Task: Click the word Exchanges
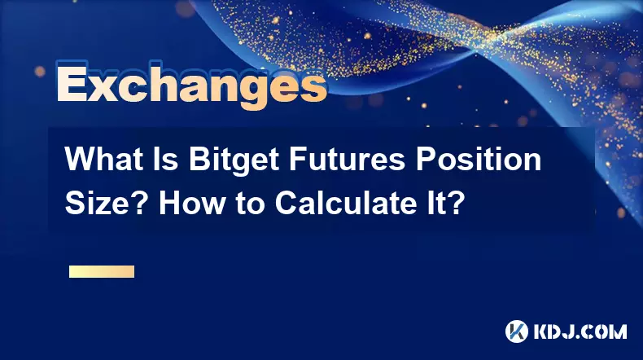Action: tap(192, 86)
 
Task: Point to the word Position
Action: tap(479, 160)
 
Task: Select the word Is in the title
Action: tap(167, 160)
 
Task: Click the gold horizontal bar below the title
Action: tap(102, 271)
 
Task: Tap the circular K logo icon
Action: tap(517, 331)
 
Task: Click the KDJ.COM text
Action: tap(580, 331)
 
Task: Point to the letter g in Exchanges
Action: tap(246, 90)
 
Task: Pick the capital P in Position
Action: tap(426, 160)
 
